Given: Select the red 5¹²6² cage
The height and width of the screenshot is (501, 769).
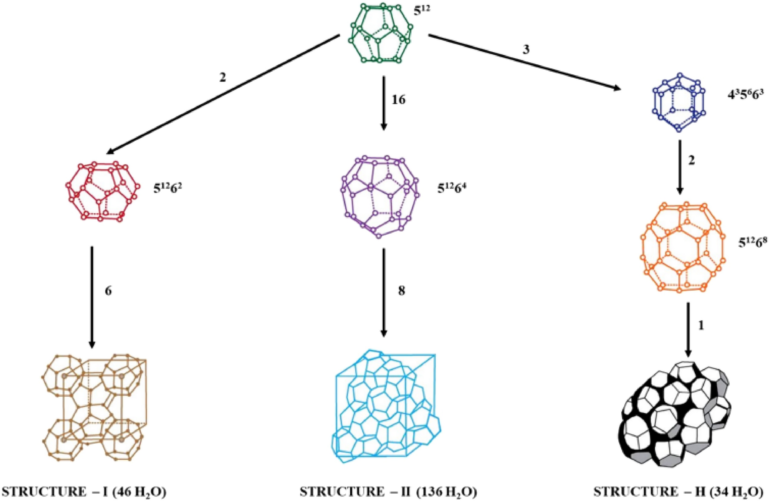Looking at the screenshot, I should pyautogui.click(x=103, y=192).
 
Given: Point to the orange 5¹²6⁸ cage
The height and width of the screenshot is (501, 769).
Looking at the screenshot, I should pyautogui.click(x=683, y=247).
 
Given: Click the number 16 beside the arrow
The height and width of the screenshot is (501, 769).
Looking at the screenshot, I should pyautogui.click(x=398, y=100).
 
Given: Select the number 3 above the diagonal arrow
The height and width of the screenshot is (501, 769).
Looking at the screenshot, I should pyautogui.click(x=526, y=50).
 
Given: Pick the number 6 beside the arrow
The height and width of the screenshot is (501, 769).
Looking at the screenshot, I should pyautogui.click(x=108, y=290).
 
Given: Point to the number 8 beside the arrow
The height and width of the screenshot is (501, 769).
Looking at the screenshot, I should pyautogui.click(x=401, y=290).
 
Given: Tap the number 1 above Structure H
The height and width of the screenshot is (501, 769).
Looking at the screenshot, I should pyautogui.click(x=700, y=325).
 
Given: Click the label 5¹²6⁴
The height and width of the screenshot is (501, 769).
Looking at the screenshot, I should pyautogui.click(x=452, y=188).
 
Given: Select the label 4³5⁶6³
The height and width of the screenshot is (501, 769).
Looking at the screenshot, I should pyautogui.click(x=746, y=94).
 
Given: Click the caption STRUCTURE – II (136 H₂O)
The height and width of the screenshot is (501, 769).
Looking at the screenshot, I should pyautogui.click(x=388, y=491).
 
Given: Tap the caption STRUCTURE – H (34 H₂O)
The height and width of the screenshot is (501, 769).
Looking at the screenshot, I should pyautogui.click(x=678, y=491).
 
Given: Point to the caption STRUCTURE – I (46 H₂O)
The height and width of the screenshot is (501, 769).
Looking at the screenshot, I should pyautogui.click(x=84, y=491).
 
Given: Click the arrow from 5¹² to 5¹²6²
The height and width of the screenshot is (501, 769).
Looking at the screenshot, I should pyautogui.click(x=223, y=95).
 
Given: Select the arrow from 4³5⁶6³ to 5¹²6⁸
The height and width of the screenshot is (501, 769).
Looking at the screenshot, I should pyautogui.click(x=680, y=167).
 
